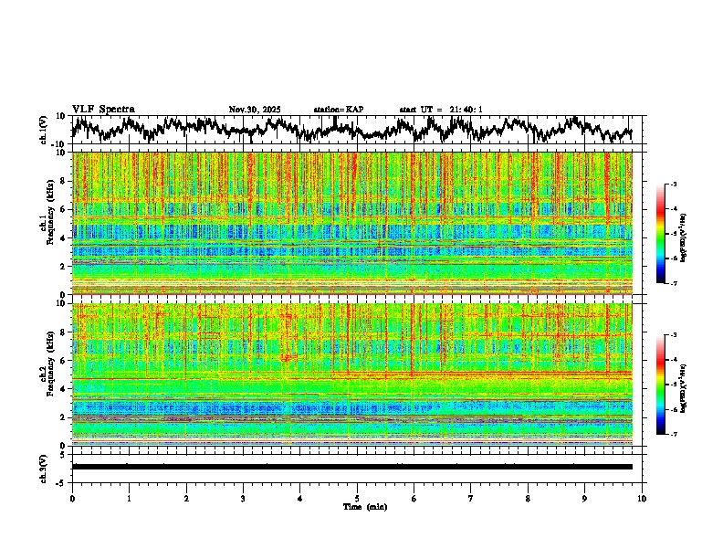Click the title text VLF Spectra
click(103, 109)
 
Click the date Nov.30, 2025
click(255, 110)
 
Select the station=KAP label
click(339, 110)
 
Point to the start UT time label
click(441, 110)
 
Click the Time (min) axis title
click(364, 506)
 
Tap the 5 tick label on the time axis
click(357, 498)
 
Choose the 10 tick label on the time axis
click(642, 498)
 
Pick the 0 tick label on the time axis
click(72, 498)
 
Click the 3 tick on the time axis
click(243, 498)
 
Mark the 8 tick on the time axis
click(528, 498)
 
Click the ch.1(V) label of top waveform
click(44, 130)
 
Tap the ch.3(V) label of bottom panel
click(44, 466)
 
